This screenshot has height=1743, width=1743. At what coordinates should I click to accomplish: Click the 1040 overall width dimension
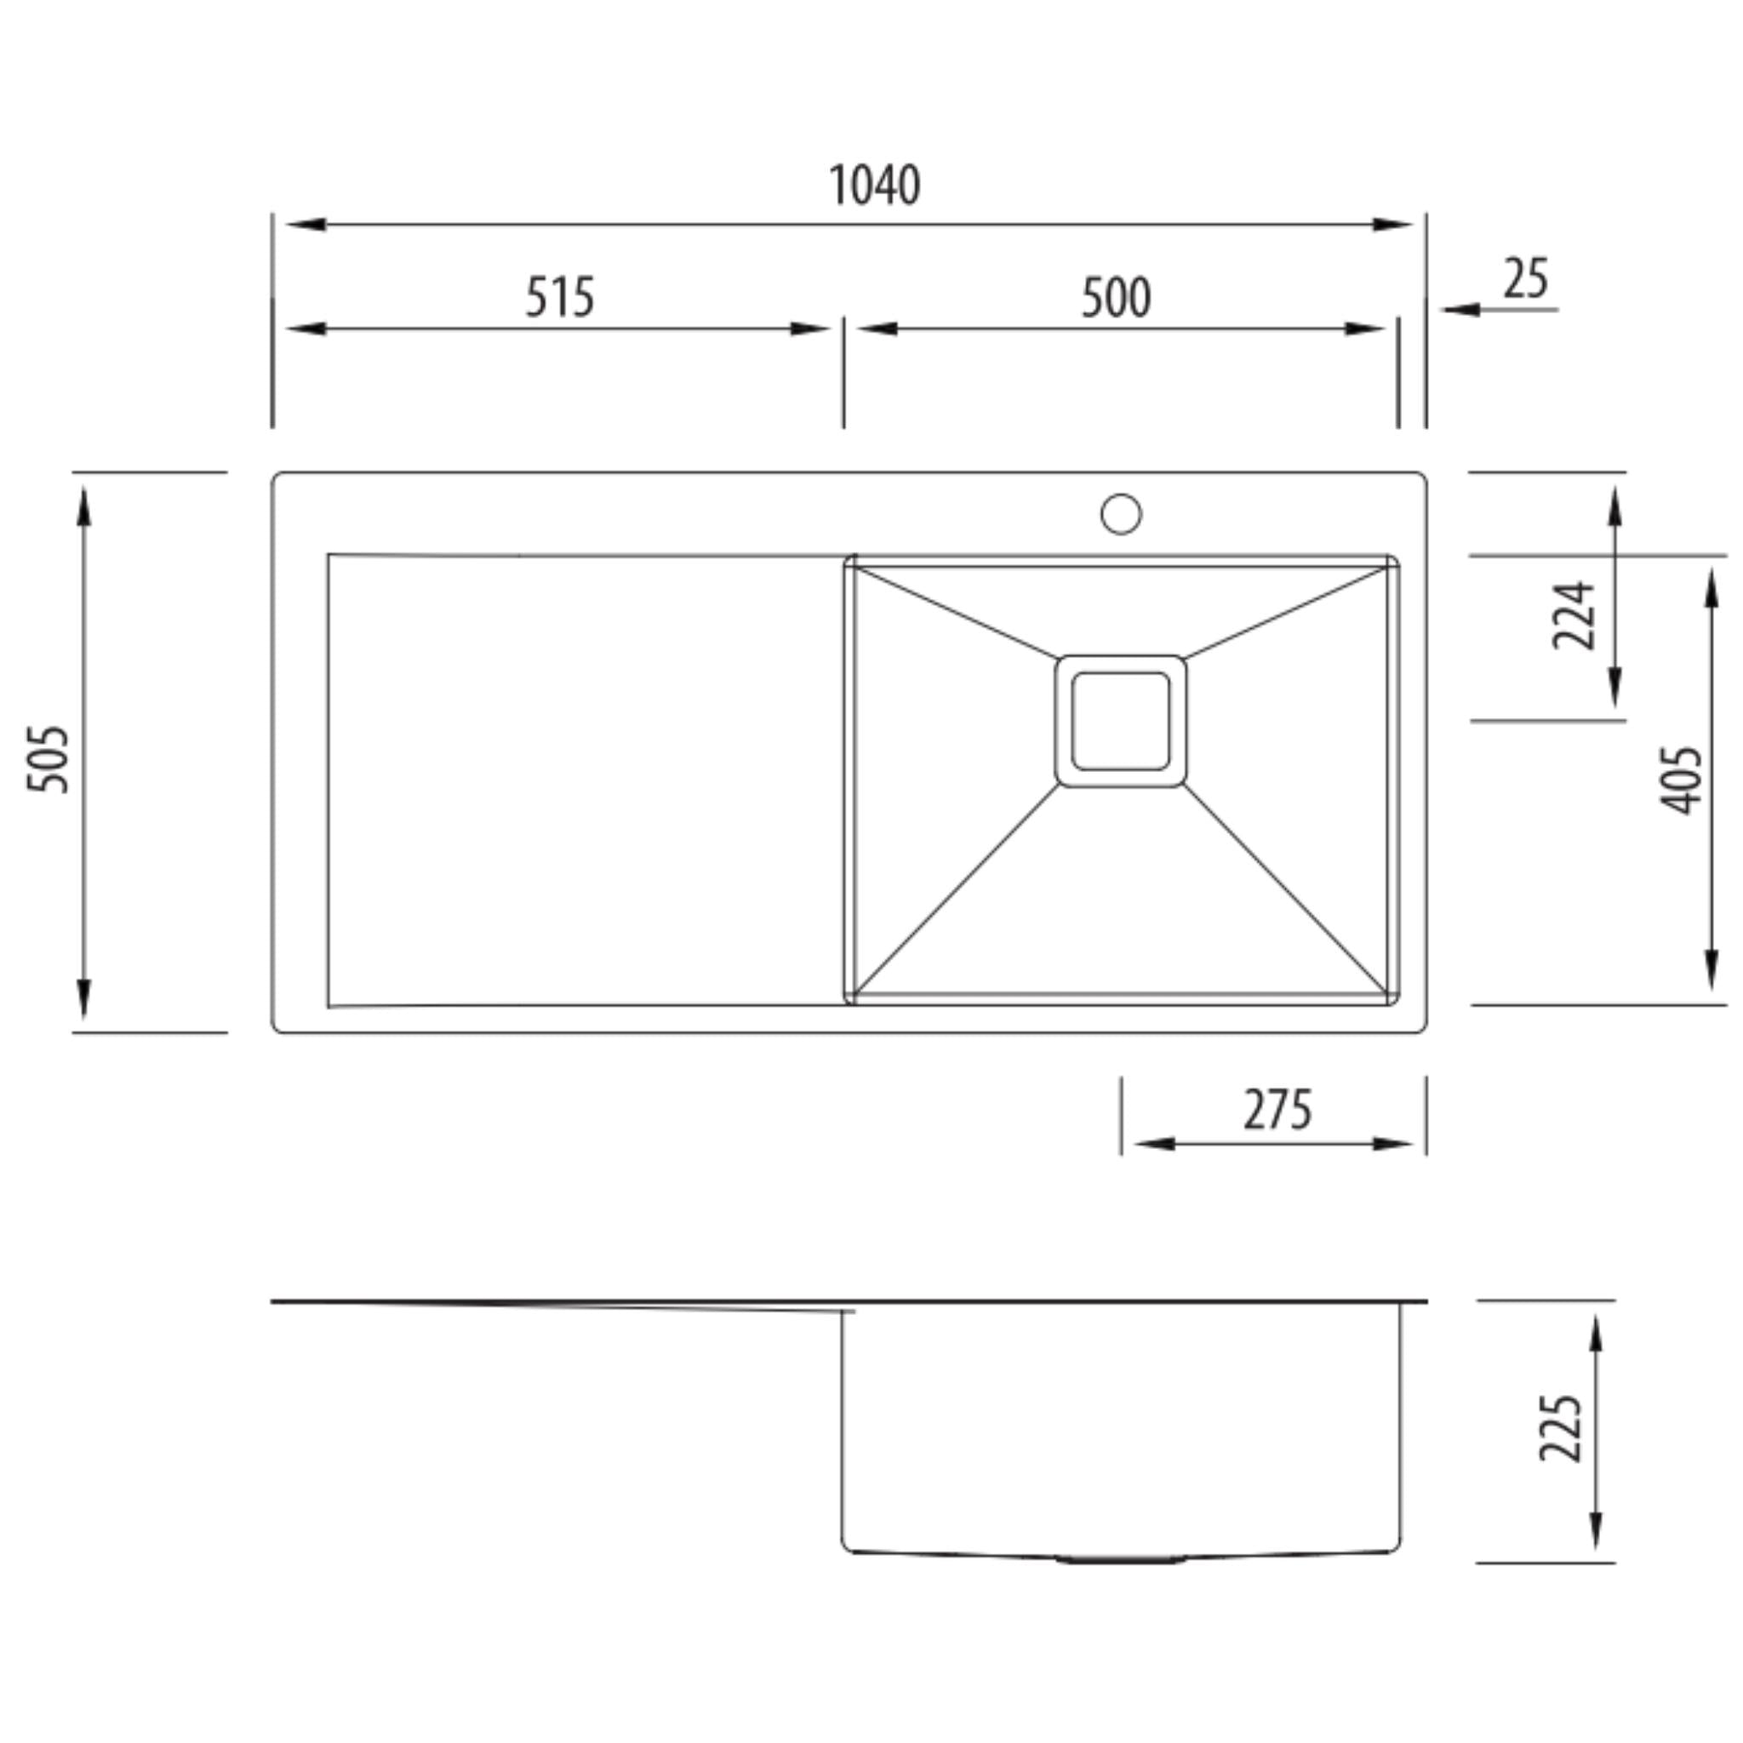pos(874,185)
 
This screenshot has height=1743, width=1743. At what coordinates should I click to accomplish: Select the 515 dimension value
pos(559,297)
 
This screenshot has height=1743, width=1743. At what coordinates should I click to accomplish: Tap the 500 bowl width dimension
pos(1116,298)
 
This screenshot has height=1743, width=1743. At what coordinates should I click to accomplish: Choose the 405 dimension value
pos(1682,780)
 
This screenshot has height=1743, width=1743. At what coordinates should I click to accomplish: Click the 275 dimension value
pos(1277,1110)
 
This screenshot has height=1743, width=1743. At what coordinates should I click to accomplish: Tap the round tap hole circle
pos(1121,513)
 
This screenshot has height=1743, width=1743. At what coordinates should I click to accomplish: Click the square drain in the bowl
pos(1121,721)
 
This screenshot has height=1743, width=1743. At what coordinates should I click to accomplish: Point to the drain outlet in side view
pos(1121,1558)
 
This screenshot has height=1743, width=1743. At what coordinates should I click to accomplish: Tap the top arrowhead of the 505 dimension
pos(84,506)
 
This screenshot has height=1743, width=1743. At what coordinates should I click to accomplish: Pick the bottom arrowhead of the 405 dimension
pos(1710,971)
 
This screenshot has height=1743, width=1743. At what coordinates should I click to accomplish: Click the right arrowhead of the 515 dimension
pos(809,329)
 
